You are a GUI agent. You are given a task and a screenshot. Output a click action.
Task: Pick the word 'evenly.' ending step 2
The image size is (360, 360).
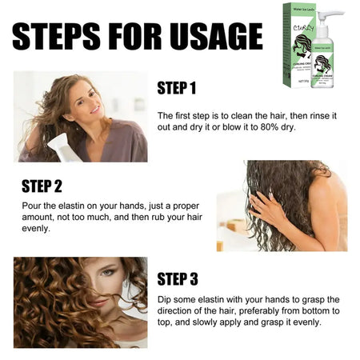coord(36,228)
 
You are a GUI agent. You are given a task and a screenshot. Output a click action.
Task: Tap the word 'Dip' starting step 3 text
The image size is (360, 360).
coord(166,299)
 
